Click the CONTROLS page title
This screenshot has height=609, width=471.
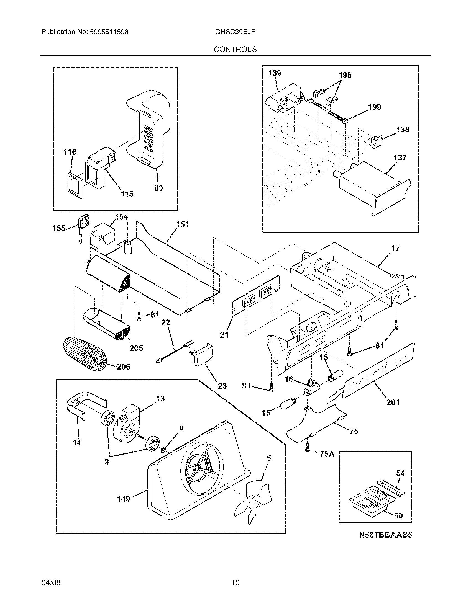point(235,50)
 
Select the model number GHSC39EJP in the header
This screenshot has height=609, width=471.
point(235,32)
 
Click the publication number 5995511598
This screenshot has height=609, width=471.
point(109,32)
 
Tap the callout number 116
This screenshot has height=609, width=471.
point(70,152)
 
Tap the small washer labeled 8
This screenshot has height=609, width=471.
point(163,450)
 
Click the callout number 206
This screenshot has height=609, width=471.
point(123,367)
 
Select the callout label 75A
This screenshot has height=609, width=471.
point(327,454)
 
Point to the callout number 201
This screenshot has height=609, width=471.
point(393,402)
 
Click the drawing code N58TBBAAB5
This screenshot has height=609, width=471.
point(385,535)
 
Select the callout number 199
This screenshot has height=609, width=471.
point(375,107)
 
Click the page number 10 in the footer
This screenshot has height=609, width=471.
point(235,582)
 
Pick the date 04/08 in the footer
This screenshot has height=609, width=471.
point(51,582)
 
